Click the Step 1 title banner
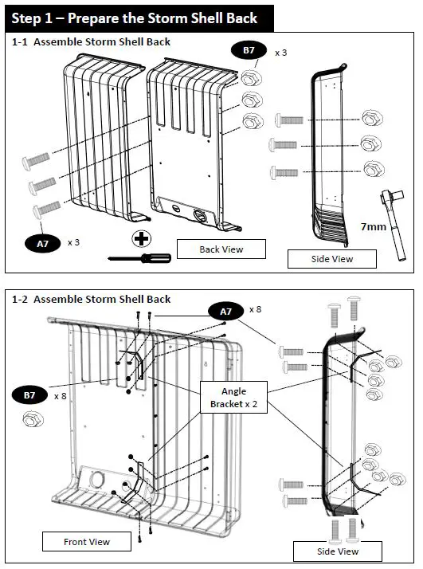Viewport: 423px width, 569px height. point(139,18)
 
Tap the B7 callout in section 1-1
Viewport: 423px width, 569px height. point(249,50)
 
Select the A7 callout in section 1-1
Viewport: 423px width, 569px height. point(42,243)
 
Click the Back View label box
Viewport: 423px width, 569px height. point(221,249)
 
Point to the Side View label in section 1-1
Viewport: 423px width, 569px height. point(332,259)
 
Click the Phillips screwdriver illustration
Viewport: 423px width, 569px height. point(139,258)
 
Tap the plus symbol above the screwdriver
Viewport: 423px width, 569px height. point(141,239)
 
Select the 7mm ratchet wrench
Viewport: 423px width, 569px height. point(394,224)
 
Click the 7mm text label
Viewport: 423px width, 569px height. point(374,226)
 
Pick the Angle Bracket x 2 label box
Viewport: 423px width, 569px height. point(234,398)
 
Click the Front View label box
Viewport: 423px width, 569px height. point(87,541)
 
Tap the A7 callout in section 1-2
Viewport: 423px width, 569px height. point(225,312)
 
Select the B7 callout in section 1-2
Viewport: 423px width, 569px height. point(29,395)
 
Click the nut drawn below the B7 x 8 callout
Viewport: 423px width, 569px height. point(33,419)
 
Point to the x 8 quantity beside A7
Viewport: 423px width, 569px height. point(256,309)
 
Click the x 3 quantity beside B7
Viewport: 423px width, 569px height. point(280,53)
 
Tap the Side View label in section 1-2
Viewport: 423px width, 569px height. point(338,551)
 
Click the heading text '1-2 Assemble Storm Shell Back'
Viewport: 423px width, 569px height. point(91,299)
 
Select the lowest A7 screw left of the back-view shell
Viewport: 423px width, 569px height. point(47,210)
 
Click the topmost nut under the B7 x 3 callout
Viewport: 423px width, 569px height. point(252,78)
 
